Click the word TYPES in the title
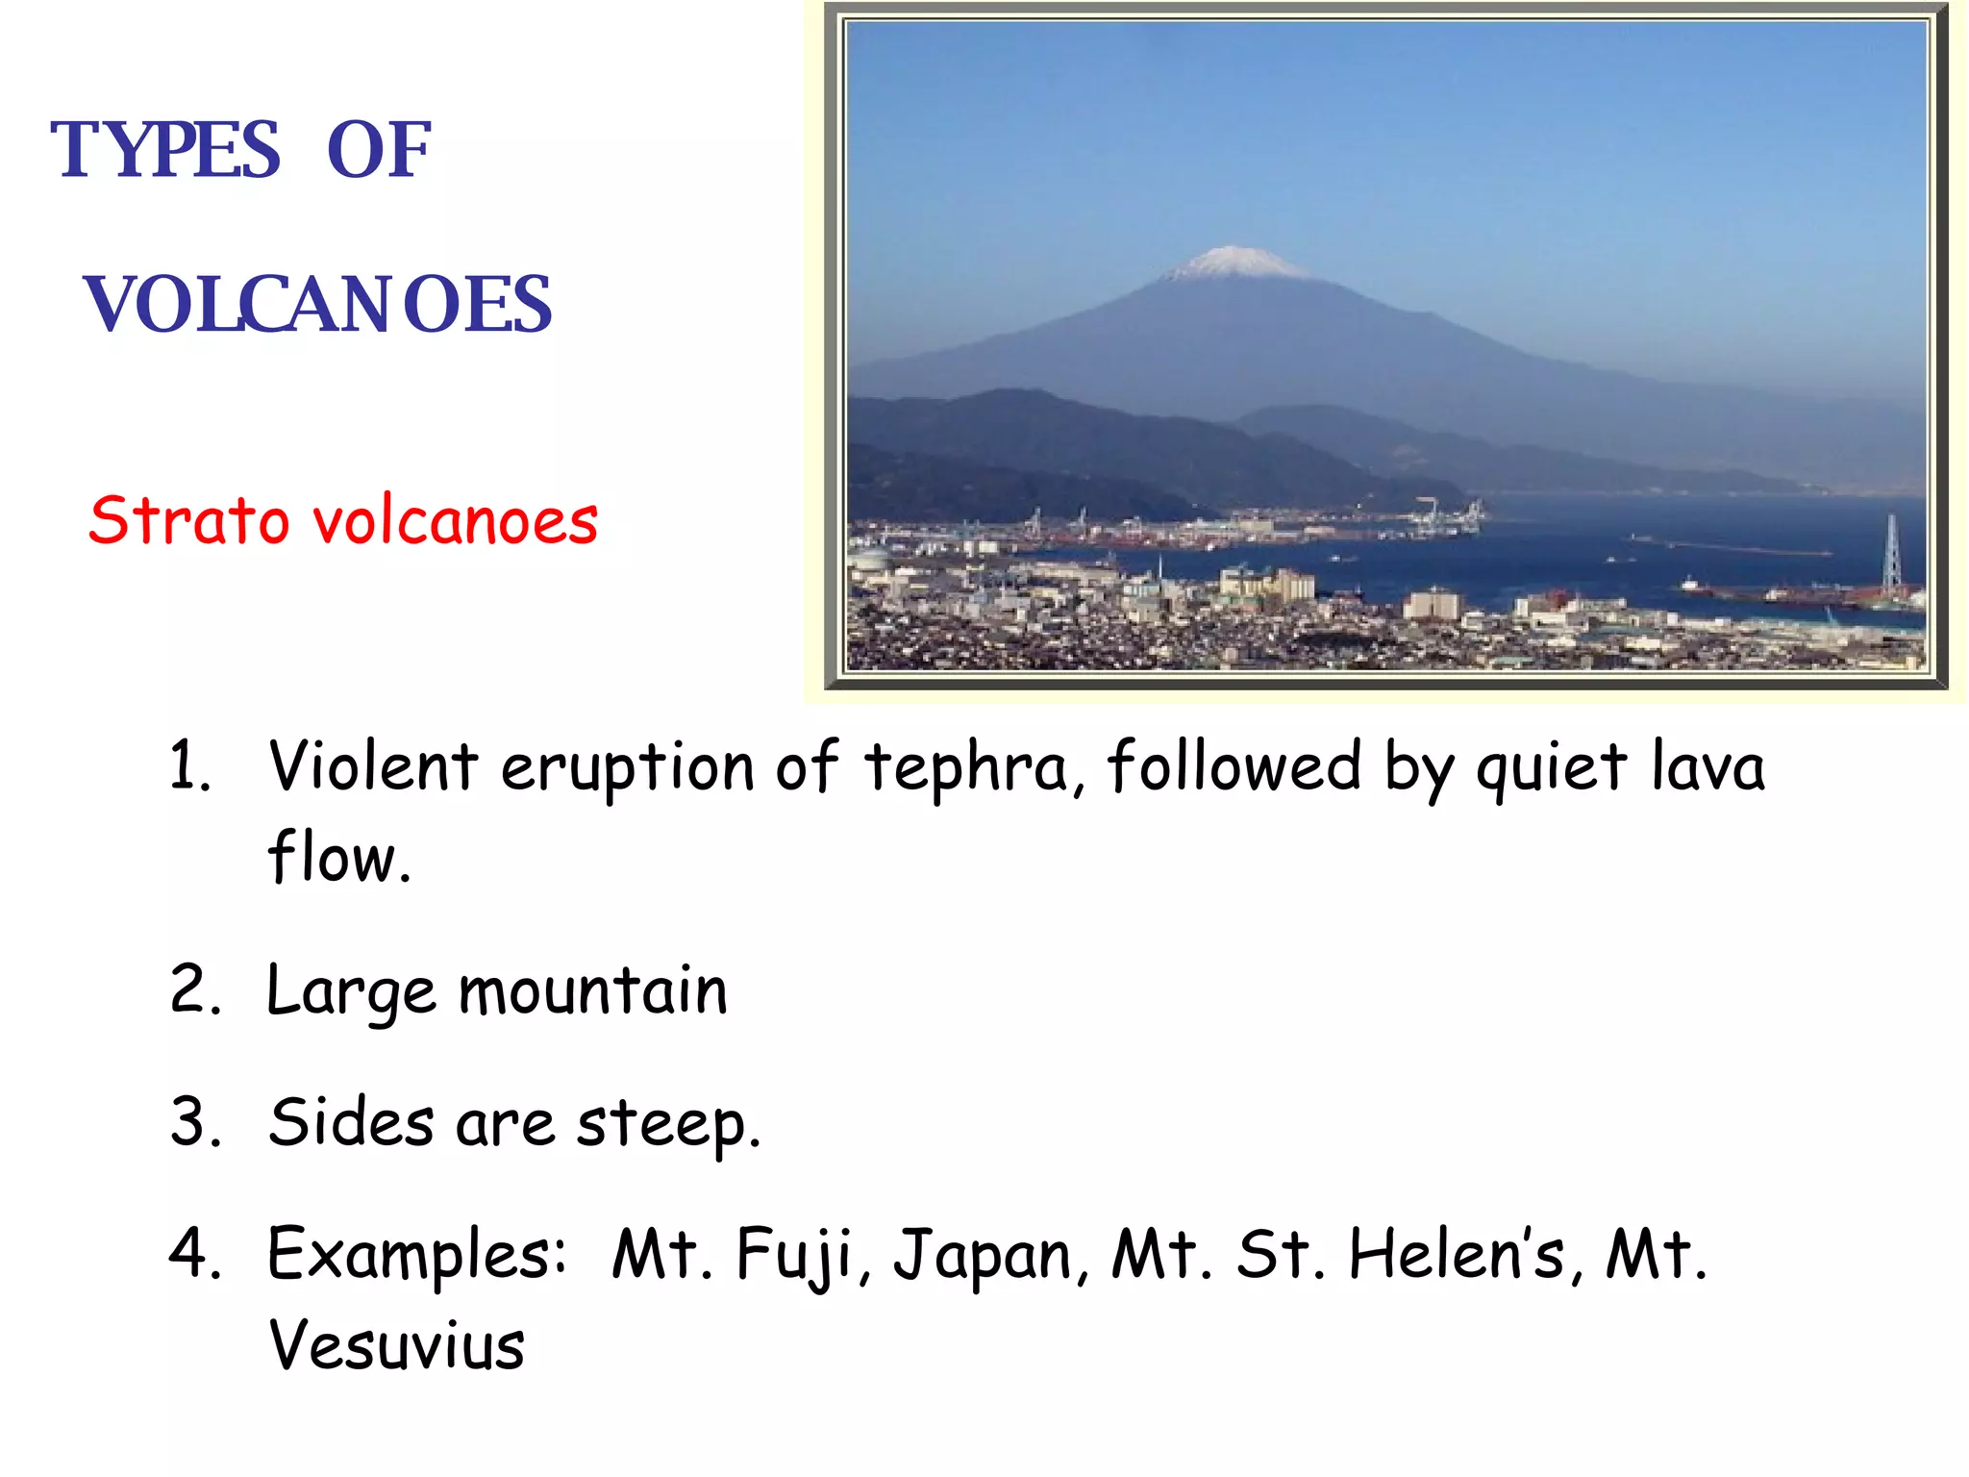point(164,151)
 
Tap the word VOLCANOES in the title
point(318,305)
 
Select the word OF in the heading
point(379,151)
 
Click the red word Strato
point(188,520)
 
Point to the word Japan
point(983,1256)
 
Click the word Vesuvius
point(396,1344)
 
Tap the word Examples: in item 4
point(416,1256)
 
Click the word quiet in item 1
point(1551,769)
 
